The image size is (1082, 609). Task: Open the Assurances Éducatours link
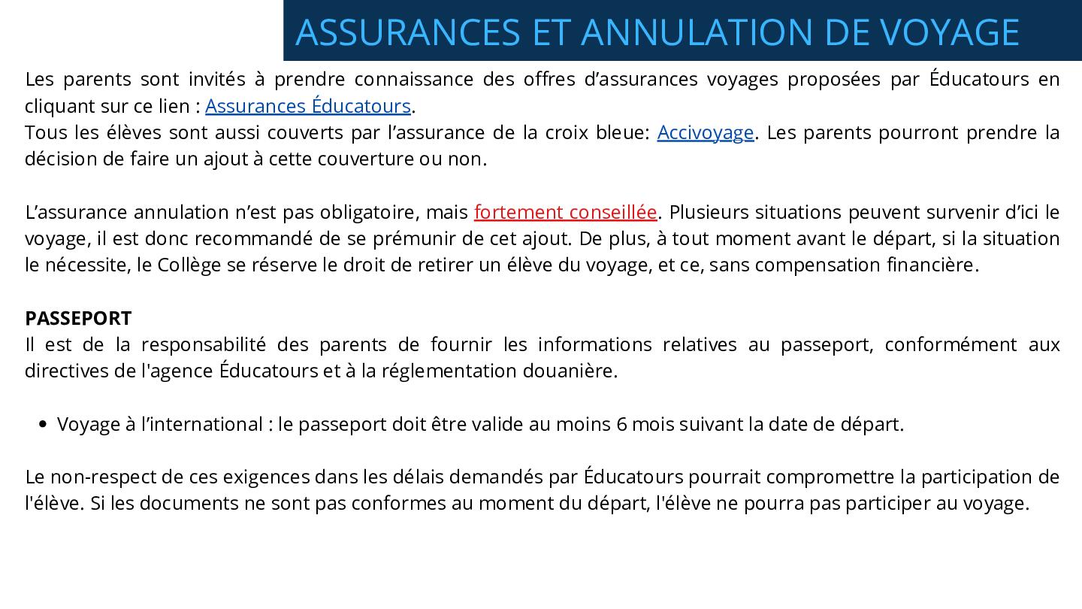[308, 106]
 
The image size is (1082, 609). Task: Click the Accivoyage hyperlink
[705, 133]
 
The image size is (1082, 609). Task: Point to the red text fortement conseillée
[565, 213]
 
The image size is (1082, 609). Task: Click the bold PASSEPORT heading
[78, 318]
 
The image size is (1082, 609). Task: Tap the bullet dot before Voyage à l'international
[42, 425]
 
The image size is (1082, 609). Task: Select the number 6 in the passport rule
[621, 425]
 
